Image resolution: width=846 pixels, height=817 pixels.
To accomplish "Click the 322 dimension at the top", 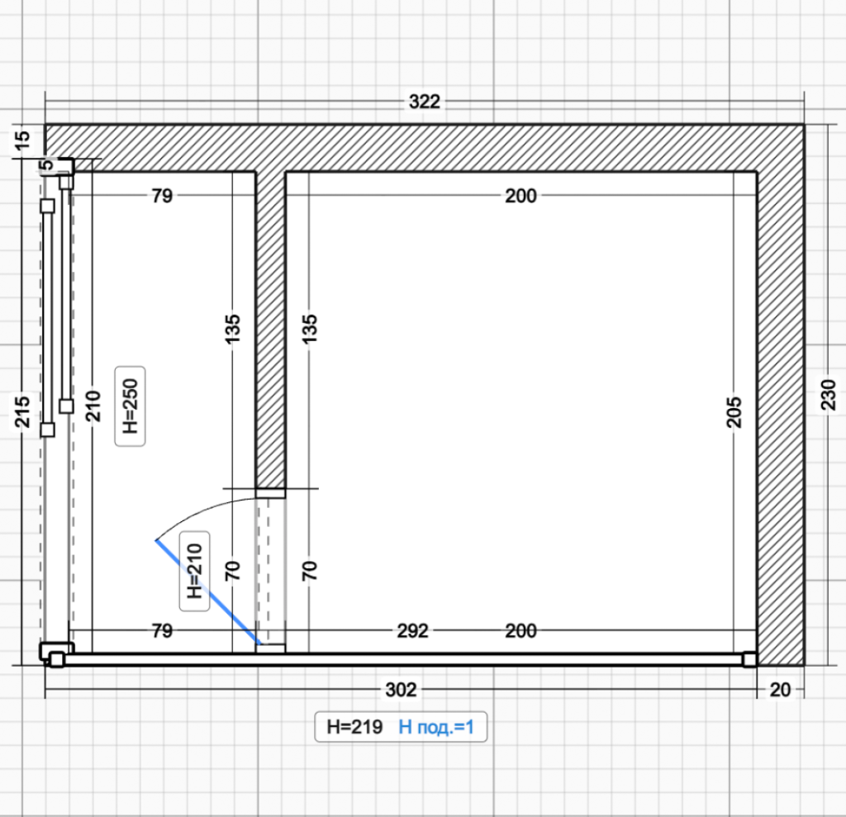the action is point(425,102).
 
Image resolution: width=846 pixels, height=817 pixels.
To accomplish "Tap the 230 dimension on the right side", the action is point(828,395).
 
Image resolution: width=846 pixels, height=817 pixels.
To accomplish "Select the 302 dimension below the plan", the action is point(401,689).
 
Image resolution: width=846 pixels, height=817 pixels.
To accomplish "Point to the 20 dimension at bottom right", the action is point(780,689).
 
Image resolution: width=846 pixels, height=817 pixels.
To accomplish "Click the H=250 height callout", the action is point(130,406).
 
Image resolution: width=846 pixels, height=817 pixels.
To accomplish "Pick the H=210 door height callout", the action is point(194,571).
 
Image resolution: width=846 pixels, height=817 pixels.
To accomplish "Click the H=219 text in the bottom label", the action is point(354,727).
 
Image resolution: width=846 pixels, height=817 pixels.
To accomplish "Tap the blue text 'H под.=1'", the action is point(436,727).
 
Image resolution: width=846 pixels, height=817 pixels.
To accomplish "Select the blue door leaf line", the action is point(207,592).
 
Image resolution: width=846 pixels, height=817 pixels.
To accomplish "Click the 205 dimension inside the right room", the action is point(734,412).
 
